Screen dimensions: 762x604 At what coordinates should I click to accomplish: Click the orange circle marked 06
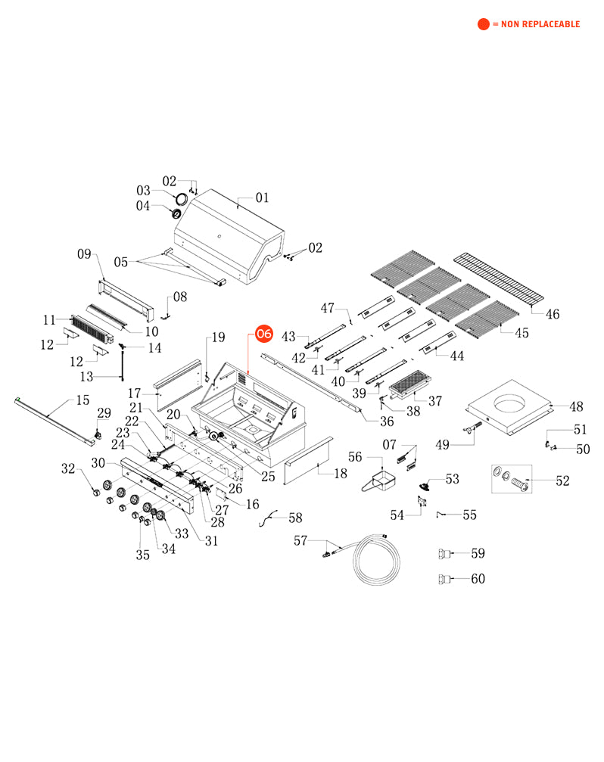[264, 333]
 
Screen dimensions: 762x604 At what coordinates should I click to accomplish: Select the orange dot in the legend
[483, 24]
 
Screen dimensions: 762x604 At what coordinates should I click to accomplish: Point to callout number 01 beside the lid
[262, 198]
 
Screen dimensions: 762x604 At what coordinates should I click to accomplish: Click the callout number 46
[553, 313]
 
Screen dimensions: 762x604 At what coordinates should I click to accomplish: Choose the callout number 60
[478, 580]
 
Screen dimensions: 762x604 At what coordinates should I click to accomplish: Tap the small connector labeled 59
[444, 554]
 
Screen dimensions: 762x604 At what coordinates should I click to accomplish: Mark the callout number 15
[83, 400]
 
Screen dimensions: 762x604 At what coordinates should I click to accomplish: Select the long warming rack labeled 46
[500, 282]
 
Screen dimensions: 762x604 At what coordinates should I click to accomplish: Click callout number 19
[218, 337]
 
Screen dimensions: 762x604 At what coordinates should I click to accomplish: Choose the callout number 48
[576, 406]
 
